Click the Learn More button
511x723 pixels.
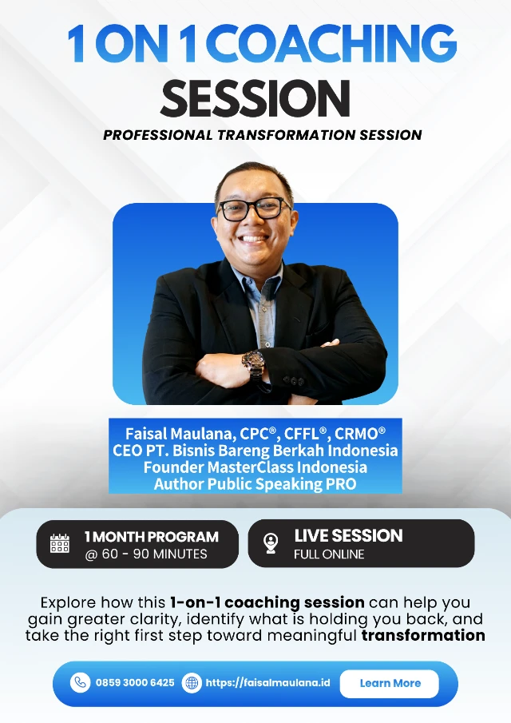pyautogui.click(x=390, y=683)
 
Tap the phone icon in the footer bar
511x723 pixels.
pyautogui.click(x=80, y=683)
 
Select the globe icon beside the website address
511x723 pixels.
pyautogui.click(x=192, y=683)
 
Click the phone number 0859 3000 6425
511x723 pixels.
pyautogui.click(x=135, y=683)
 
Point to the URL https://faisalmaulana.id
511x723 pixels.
pyautogui.click(x=267, y=683)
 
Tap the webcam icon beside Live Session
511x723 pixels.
pyautogui.click(x=271, y=544)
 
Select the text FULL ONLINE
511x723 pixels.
pyautogui.click(x=329, y=554)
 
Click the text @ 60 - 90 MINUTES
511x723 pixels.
pyautogui.click(x=146, y=554)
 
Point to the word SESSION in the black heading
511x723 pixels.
pyautogui.click(x=255, y=97)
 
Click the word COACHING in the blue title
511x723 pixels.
pyautogui.click(x=335, y=44)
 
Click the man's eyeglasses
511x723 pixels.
pyautogui.click(x=252, y=209)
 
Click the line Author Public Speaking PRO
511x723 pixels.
pyautogui.click(x=255, y=484)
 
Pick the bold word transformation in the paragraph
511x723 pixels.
pyautogui.click(x=423, y=636)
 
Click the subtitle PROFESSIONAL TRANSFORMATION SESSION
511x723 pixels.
pyautogui.click(x=263, y=134)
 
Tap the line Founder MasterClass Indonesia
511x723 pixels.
pyautogui.click(x=255, y=467)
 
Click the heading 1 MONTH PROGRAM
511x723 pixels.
pyautogui.click(x=152, y=537)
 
